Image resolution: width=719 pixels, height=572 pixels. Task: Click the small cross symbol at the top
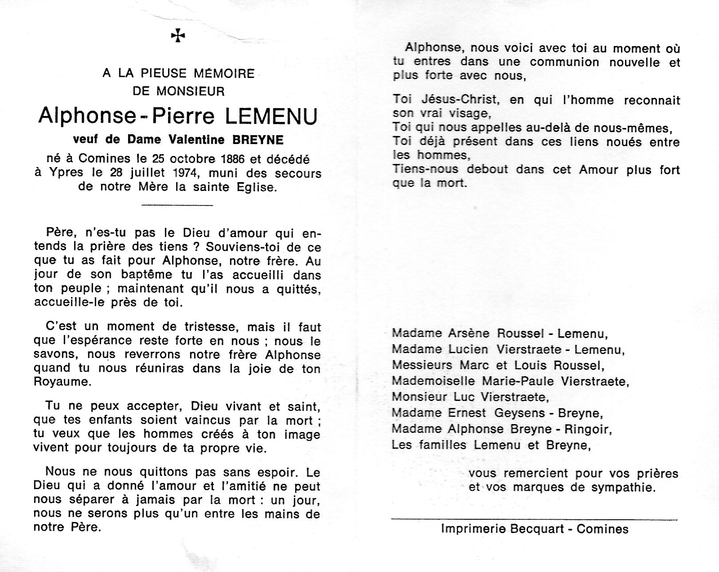[178, 35]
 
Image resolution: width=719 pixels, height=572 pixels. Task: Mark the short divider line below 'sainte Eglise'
[177, 205]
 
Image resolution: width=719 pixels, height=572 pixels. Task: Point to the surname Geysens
[511, 413]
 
